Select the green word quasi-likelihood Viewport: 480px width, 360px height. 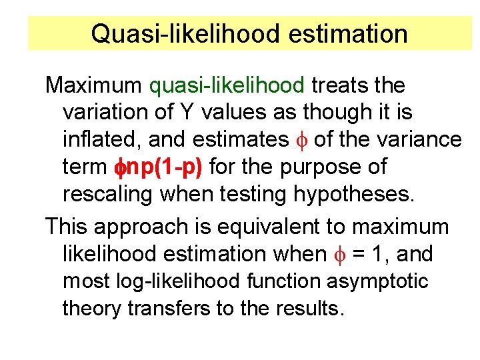227,85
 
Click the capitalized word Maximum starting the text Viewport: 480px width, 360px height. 93,85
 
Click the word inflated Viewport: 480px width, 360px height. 101,139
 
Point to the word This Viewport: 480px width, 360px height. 67,227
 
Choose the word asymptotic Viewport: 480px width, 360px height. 377,281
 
